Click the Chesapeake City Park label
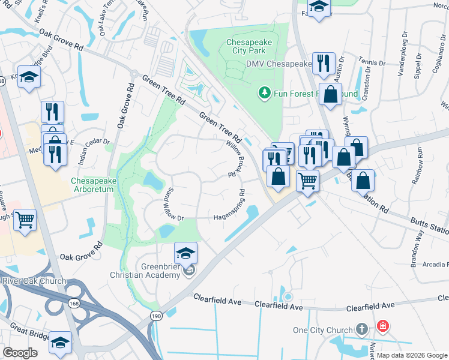249,47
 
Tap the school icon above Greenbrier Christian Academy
186,253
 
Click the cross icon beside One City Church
361,329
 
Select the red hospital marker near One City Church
382,327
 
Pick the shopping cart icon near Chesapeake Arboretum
25,220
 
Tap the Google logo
20,353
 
